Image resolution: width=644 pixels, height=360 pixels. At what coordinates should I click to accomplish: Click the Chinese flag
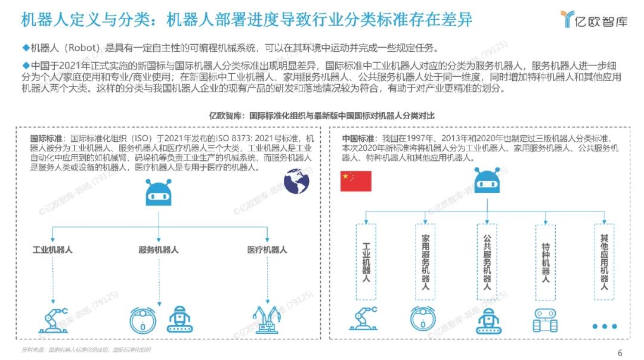click(x=355, y=181)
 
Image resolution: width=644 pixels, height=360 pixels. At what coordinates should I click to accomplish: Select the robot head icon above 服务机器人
click(x=159, y=193)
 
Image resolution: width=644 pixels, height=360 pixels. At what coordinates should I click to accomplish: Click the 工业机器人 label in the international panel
click(x=52, y=250)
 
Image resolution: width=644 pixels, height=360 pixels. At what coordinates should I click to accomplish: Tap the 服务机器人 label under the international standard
click(x=159, y=250)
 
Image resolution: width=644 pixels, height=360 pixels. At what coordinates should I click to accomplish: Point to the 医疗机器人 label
click(x=267, y=250)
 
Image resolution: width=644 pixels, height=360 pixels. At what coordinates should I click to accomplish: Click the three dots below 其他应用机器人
click(x=604, y=326)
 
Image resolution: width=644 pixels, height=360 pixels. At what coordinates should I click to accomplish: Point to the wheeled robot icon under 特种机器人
click(x=545, y=320)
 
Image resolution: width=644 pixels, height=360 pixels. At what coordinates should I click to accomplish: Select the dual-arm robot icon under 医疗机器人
click(x=265, y=319)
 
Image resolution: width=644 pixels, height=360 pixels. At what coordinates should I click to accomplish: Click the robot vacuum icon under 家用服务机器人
click(x=423, y=318)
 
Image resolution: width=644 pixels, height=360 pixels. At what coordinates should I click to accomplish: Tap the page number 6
click(x=620, y=352)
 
